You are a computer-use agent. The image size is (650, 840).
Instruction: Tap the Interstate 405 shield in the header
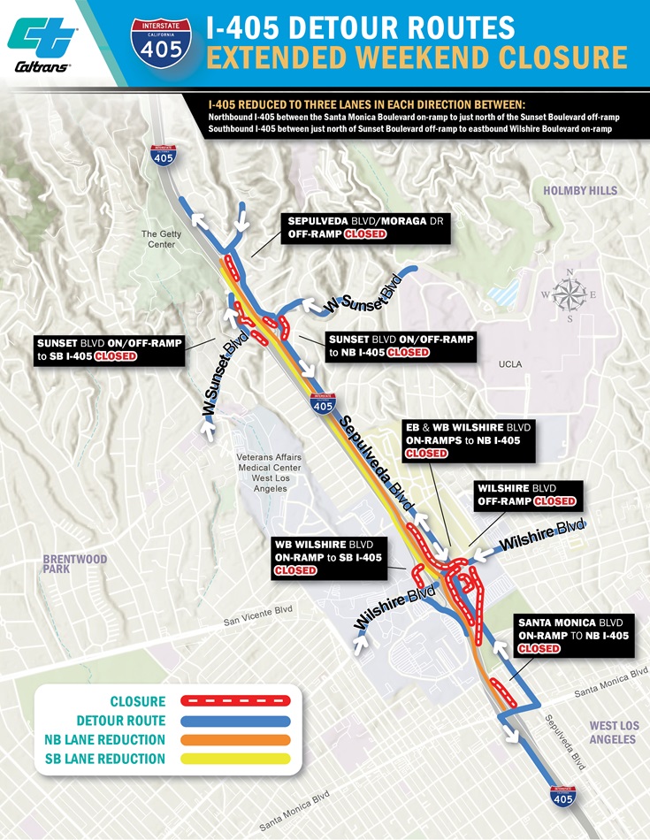161,46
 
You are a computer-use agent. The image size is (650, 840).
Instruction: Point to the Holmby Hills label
580,190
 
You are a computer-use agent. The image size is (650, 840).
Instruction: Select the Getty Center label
159,239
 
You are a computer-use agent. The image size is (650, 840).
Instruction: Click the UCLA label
509,364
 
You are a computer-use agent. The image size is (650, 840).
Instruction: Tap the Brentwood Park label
75,564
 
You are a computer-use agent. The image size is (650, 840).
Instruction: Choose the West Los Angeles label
613,732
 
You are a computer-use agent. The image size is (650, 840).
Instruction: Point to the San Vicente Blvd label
257,615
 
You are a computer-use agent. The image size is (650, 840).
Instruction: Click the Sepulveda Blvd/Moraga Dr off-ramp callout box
366,227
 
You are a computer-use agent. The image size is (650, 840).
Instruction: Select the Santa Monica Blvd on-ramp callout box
573,635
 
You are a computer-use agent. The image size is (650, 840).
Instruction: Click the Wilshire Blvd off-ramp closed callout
527,494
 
